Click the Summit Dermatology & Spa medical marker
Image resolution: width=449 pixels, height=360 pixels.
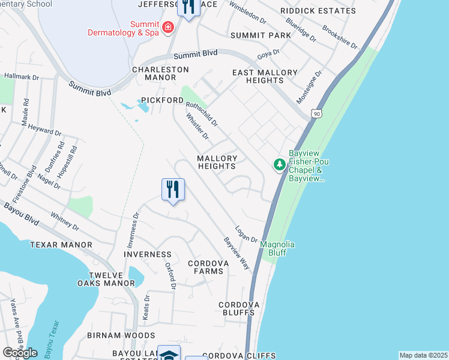(x=167, y=28)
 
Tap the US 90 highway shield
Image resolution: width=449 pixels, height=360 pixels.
(x=317, y=113)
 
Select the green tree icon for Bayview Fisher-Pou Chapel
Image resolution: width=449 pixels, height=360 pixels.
(x=279, y=164)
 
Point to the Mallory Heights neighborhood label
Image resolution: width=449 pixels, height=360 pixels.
(x=217, y=162)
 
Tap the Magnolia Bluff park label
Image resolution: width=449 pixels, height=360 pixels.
(x=277, y=248)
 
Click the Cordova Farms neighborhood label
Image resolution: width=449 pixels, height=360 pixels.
(x=205, y=267)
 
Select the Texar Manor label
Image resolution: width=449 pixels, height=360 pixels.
(x=61, y=245)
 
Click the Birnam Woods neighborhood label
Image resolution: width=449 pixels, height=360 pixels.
(x=121, y=335)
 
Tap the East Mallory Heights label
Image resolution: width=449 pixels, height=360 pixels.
(x=265, y=76)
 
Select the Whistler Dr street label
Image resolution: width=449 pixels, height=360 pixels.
(x=197, y=127)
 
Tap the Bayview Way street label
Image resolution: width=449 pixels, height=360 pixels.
(x=237, y=253)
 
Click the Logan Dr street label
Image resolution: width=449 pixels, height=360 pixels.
(x=246, y=234)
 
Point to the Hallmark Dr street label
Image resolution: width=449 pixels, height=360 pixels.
(x=22, y=77)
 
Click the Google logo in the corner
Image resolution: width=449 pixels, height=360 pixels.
(x=20, y=352)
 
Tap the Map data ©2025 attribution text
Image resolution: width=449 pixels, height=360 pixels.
(x=423, y=355)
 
